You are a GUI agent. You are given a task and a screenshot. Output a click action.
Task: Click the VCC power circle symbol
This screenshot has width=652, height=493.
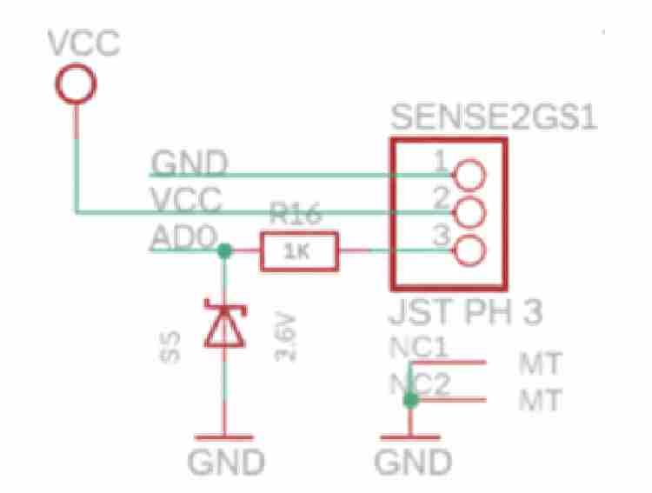(x=76, y=84)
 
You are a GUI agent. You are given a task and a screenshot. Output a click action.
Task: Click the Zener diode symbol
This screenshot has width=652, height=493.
(x=223, y=323)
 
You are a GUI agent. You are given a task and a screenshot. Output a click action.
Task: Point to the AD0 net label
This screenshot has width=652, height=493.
(x=180, y=237)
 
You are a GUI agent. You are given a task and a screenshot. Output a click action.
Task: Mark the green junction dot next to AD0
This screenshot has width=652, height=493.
(x=223, y=251)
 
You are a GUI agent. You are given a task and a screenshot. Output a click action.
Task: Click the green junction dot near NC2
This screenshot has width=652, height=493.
(x=410, y=400)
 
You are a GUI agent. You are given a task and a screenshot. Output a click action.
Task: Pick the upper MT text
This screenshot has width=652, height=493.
(x=540, y=361)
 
